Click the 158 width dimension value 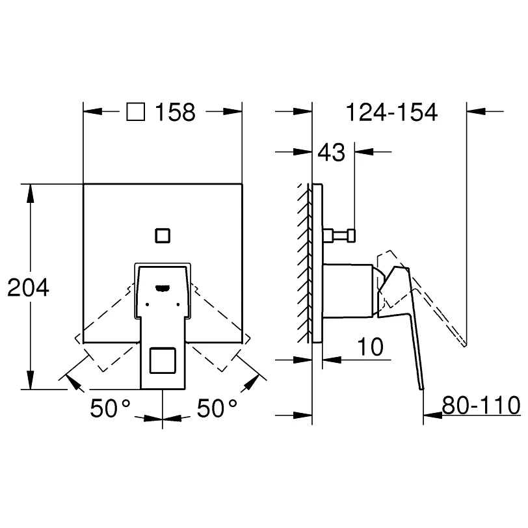tap(175, 112)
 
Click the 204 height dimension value tap(29, 287)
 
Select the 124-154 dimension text tap(391, 112)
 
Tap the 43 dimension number tap(332, 152)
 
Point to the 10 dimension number tap(370, 347)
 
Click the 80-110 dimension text tap(481, 405)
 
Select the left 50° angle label tap(110, 408)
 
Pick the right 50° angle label tap(217, 408)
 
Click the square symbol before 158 tap(136, 112)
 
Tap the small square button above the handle tap(163, 235)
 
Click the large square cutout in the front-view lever tap(163, 361)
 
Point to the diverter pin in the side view tap(339, 235)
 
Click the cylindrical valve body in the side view tap(348, 291)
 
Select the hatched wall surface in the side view tap(304, 263)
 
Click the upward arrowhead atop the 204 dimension tap(31, 193)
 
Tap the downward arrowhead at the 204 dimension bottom tap(31, 380)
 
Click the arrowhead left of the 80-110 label tap(432, 416)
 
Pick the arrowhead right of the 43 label tap(364, 152)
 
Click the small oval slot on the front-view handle tap(163, 287)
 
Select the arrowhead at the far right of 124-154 tap(476, 111)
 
